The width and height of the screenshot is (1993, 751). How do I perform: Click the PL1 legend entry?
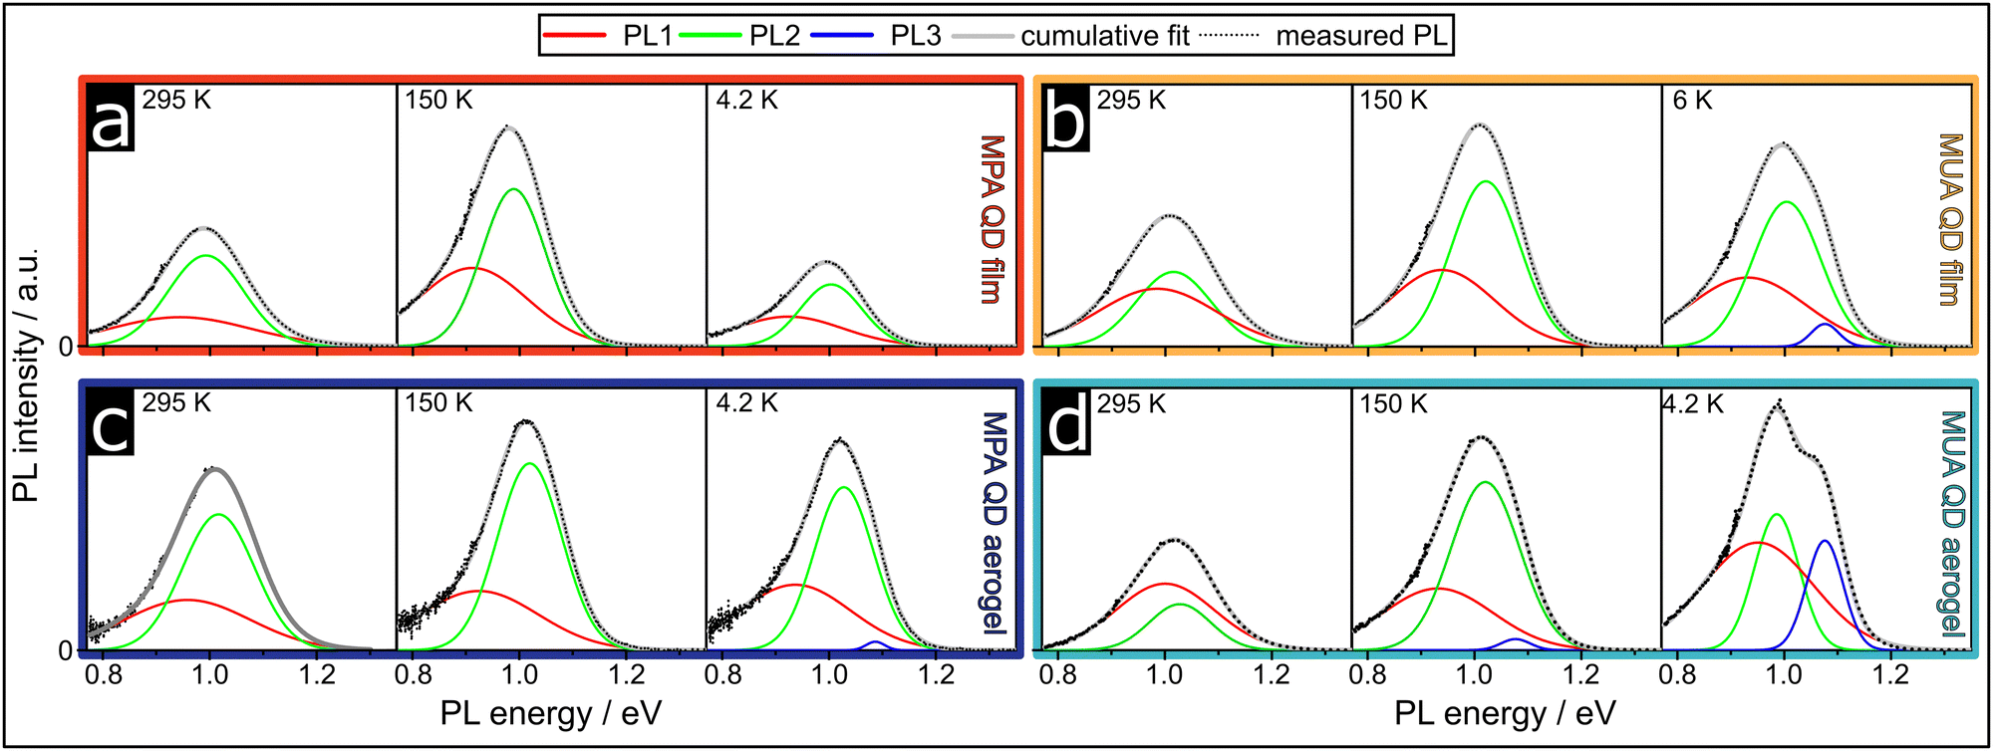pyautogui.click(x=608, y=36)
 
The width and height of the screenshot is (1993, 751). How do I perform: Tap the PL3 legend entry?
pyautogui.click(x=877, y=36)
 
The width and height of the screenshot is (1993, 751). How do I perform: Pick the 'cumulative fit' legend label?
pyautogui.click(x=1104, y=36)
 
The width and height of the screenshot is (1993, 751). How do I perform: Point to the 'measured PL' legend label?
pyautogui.click(x=1361, y=36)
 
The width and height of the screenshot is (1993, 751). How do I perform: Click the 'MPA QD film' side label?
pyautogui.click(x=993, y=219)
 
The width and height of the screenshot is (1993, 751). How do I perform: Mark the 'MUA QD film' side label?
pyautogui.click(x=1950, y=219)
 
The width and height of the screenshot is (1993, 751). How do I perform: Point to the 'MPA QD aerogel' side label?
pyautogui.click(x=995, y=523)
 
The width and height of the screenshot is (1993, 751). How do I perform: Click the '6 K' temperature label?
pyautogui.click(x=1692, y=101)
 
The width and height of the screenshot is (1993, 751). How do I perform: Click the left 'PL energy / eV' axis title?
pyautogui.click(x=551, y=713)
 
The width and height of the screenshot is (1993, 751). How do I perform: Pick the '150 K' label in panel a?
pyautogui.click(x=438, y=101)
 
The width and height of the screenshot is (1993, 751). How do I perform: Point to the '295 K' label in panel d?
pyautogui.click(x=1131, y=404)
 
